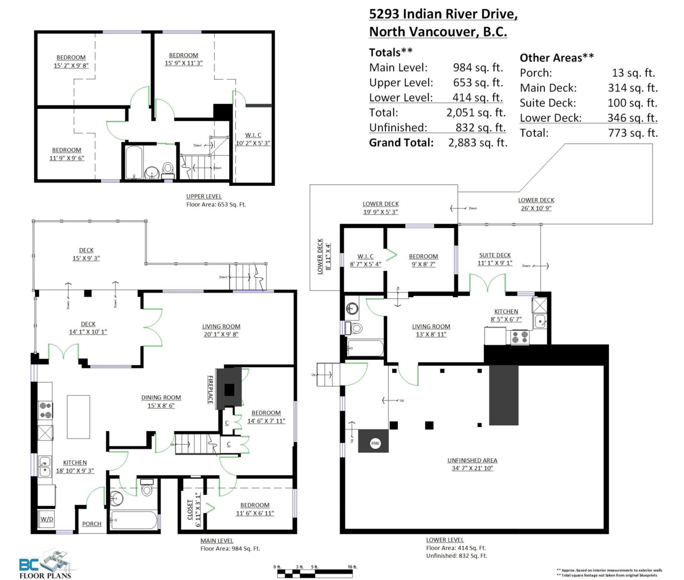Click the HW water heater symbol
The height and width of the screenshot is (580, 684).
click(x=375, y=443)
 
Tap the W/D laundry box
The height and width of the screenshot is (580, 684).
click(x=46, y=520)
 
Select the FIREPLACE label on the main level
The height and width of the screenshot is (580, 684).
click(x=210, y=390)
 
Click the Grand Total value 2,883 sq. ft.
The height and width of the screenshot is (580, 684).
click(x=478, y=143)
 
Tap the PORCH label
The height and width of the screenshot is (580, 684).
click(x=92, y=524)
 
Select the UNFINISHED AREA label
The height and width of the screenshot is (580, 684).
click(x=472, y=460)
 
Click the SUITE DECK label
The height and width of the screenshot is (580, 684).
click(x=494, y=255)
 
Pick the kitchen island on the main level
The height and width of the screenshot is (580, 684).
click(x=78, y=417)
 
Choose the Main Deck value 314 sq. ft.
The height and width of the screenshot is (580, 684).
click(x=633, y=88)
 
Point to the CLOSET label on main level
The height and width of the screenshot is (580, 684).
click(x=190, y=506)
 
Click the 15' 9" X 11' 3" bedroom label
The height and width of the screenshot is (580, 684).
click(x=184, y=59)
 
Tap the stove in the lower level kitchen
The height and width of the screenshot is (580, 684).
click(x=519, y=337)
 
